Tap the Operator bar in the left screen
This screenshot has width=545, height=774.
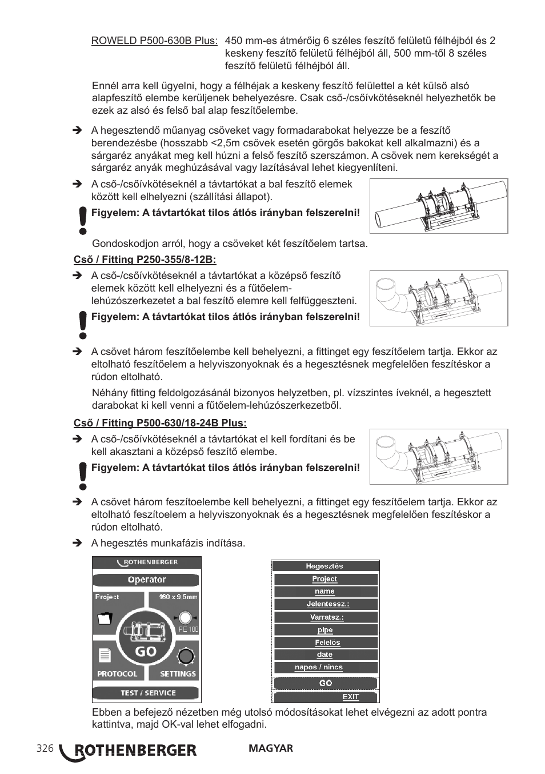[x=146, y=580]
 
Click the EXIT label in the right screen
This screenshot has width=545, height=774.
[x=350, y=697]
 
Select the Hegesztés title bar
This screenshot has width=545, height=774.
[x=324, y=566]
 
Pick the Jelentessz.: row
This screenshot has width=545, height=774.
[x=325, y=604]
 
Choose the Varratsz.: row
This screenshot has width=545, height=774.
[x=325, y=617]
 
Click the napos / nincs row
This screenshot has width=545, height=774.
[x=325, y=667]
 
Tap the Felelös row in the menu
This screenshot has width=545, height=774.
[x=325, y=643]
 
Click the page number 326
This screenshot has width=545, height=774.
[x=45, y=749]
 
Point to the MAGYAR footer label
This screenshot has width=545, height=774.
[x=271, y=748]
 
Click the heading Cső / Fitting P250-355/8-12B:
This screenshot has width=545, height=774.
[x=145, y=260]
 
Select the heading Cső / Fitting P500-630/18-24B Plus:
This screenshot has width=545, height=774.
[x=160, y=424]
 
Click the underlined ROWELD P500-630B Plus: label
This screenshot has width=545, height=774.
[x=154, y=41]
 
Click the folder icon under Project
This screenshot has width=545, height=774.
[x=106, y=619]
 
